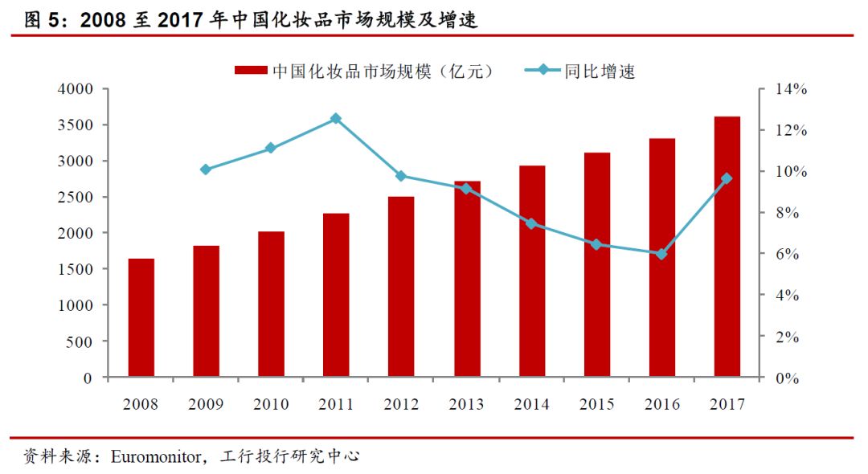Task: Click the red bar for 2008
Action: pos(141,318)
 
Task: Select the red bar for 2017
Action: pos(727,247)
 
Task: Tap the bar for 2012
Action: pos(401,287)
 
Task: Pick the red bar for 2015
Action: pos(596,264)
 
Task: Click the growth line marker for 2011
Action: pos(336,119)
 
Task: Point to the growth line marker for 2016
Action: pos(661,254)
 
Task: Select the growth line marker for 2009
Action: pos(206,170)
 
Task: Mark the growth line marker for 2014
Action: pos(531,223)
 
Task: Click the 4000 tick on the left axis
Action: pos(76,89)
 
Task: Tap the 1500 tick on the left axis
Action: pos(76,269)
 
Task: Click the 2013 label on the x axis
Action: pos(466,404)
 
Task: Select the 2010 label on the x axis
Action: pos(271,404)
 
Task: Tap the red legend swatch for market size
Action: pos(252,71)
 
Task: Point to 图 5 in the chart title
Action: pos(44,20)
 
